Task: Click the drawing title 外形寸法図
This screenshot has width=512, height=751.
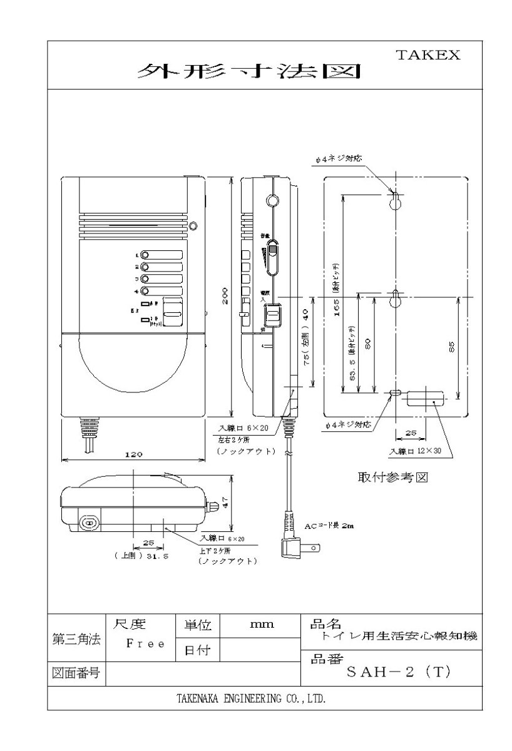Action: click(x=250, y=73)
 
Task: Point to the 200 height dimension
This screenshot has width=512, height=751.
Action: click(x=223, y=299)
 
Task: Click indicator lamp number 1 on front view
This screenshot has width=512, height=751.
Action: click(x=145, y=255)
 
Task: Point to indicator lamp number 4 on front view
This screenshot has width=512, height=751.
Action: click(x=145, y=290)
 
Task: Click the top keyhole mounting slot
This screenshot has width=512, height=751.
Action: click(x=396, y=202)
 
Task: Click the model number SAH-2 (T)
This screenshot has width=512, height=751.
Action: click(x=398, y=672)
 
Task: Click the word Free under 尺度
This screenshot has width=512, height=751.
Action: click(x=145, y=643)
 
